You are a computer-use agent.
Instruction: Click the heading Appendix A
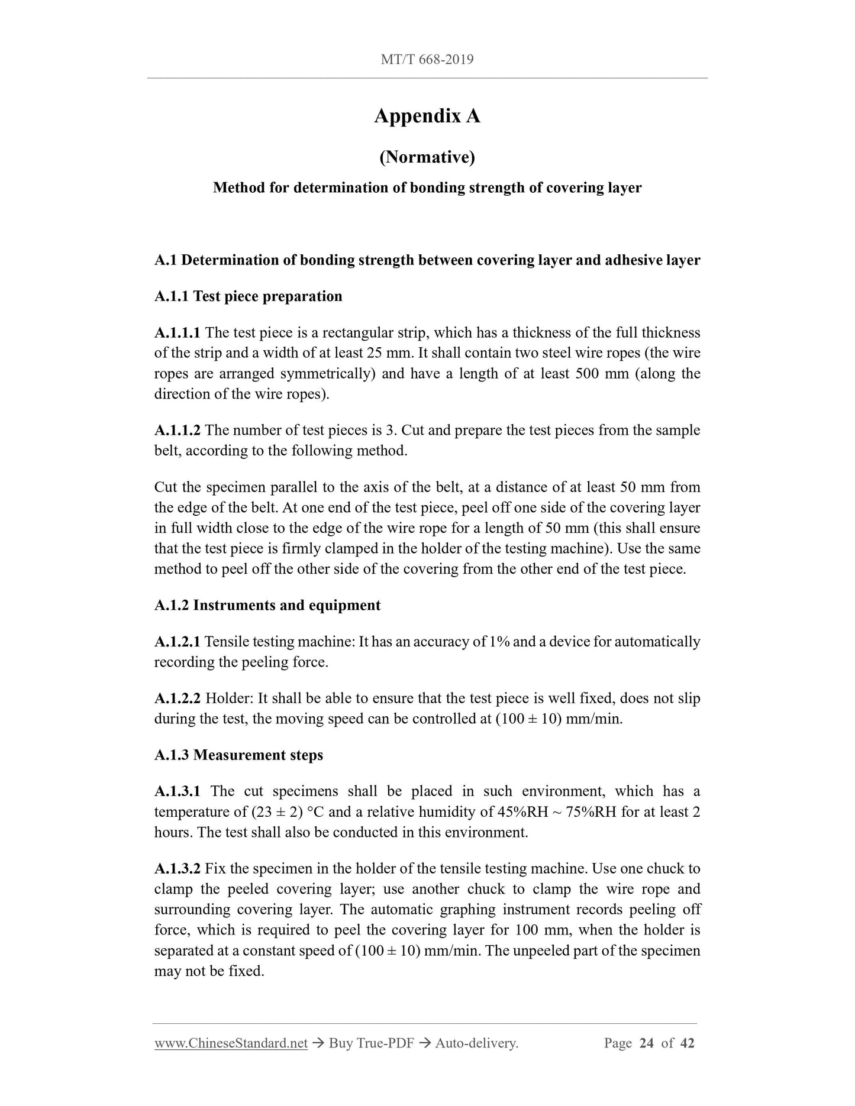(427, 116)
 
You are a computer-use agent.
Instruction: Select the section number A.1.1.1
(177, 333)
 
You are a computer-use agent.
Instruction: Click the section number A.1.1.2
(177, 430)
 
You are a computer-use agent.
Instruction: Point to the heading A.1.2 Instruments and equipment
(267, 606)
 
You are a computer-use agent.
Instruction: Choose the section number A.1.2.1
(177, 642)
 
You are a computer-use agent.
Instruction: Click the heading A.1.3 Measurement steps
(238, 755)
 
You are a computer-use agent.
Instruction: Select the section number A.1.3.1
(177, 791)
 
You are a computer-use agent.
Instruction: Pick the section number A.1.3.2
(177, 869)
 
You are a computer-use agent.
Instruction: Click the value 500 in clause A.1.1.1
(588, 374)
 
